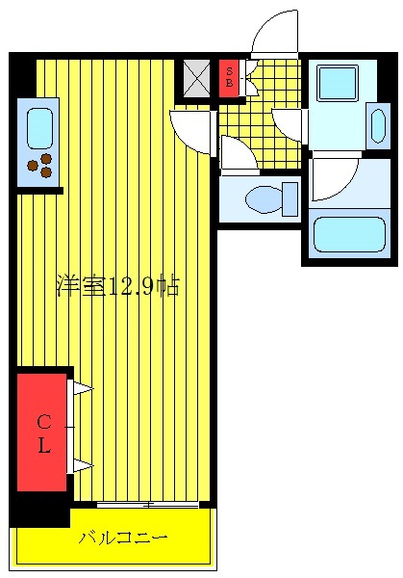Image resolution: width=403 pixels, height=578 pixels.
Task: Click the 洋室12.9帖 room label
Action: [x=116, y=286]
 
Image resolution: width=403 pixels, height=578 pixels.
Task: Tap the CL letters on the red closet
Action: [x=43, y=433]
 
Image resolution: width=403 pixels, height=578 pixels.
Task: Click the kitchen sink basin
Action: [x=40, y=127]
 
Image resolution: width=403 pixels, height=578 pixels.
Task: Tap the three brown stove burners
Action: [x=40, y=168]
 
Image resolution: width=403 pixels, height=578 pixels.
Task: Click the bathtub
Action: [x=348, y=233]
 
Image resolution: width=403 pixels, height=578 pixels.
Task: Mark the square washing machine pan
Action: [x=338, y=83]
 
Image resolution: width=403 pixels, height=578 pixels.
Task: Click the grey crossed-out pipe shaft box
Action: [x=197, y=77]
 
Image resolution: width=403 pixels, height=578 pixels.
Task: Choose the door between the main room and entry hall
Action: [x=192, y=130]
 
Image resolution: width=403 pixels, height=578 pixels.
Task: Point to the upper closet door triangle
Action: [x=81, y=389]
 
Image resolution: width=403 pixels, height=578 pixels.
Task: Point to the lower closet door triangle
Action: [x=81, y=466]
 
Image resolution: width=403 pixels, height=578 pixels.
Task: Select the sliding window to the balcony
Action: [x=147, y=504]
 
